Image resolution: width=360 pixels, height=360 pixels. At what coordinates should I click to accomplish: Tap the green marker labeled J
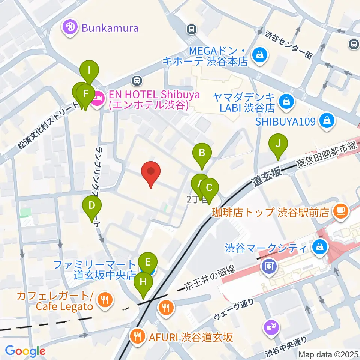[278, 143]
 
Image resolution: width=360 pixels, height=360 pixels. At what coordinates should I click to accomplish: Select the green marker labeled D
[92, 205]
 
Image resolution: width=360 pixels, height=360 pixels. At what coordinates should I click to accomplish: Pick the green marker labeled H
[143, 282]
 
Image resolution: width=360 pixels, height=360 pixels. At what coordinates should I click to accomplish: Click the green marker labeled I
[89, 70]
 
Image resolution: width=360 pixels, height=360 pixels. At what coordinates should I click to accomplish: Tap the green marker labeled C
[210, 187]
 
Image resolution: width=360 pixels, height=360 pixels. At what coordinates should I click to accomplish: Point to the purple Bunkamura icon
[70, 27]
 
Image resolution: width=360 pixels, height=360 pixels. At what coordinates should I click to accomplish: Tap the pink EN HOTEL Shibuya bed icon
[98, 100]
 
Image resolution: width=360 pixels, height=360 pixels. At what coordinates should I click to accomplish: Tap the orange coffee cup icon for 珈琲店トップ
[341, 211]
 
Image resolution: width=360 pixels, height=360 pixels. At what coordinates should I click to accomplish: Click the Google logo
[25, 351]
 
